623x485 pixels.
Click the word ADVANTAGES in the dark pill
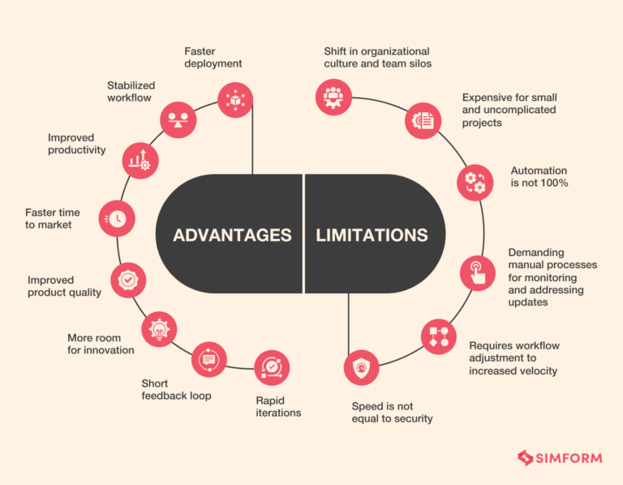pyautogui.click(x=232, y=236)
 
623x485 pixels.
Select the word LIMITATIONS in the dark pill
pyautogui.click(x=372, y=236)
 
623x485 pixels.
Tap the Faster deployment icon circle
pyautogui.click(x=234, y=97)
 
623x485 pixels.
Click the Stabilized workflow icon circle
pyautogui.click(x=178, y=119)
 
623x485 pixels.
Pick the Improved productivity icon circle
pyautogui.click(x=140, y=161)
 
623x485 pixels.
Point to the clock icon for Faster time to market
pyautogui.click(x=116, y=218)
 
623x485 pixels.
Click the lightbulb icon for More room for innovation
pyautogui.click(x=158, y=329)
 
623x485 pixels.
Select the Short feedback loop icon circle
pyautogui.click(x=209, y=359)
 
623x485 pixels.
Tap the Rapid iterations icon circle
pyautogui.click(x=271, y=367)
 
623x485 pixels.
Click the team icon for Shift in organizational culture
pyautogui.click(x=333, y=97)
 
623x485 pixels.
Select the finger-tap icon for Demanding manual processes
pyautogui.click(x=477, y=272)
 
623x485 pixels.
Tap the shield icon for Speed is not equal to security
pyautogui.click(x=361, y=367)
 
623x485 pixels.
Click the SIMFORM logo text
pyautogui.click(x=569, y=458)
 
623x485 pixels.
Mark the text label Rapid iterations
pyautogui.click(x=278, y=406)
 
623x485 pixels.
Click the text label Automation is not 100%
pyautogui.click(x=539, y=177)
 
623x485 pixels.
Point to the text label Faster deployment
pyautogui.click(x=213, y=58)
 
